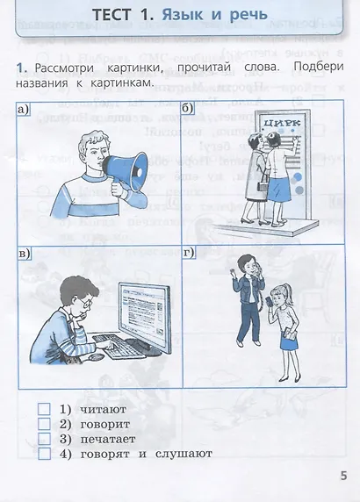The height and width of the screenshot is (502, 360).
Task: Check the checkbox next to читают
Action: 44,408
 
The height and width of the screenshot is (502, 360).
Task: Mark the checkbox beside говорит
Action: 44,423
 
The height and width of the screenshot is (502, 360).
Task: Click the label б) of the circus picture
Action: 188,108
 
